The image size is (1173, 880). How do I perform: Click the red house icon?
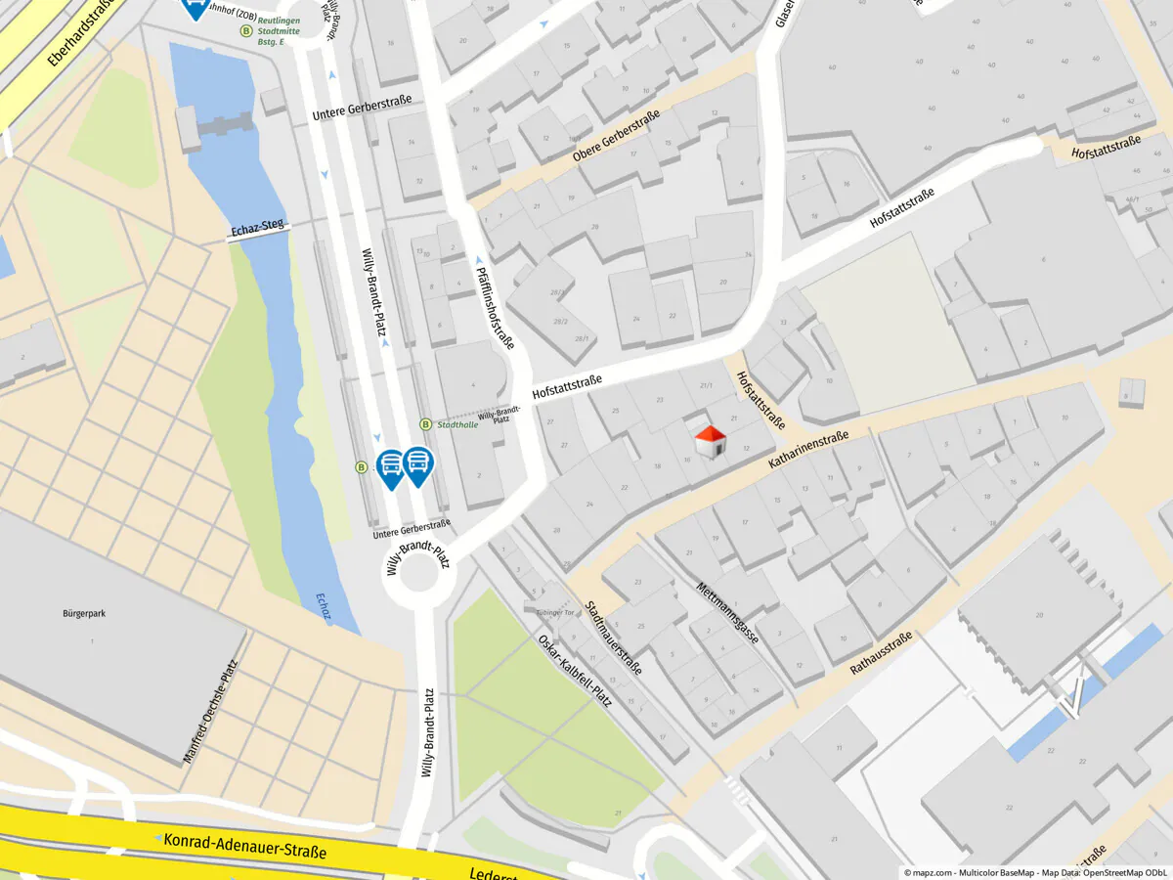pos(710,441)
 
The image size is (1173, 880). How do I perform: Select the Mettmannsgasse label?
pos(727,613)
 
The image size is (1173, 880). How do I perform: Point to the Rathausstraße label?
pos(881,653)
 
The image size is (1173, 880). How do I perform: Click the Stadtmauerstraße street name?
pos(613,638)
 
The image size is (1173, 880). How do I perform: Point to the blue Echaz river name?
pos(324,606)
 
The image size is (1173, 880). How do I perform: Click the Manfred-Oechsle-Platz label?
pos(210,712)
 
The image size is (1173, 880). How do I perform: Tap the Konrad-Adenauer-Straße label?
pos(244,846)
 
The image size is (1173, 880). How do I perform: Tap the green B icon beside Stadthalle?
pos(425,424)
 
